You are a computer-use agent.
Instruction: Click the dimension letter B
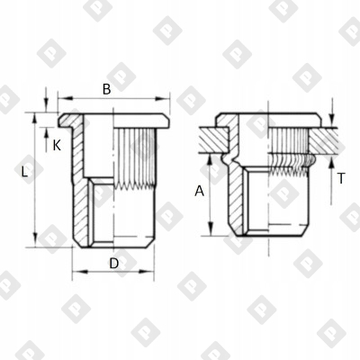[107, 89]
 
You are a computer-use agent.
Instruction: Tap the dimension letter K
[57, 146]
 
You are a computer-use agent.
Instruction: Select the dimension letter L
[25, 171]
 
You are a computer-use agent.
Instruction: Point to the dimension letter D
[114, 264]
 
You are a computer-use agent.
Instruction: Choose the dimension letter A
[199, 191]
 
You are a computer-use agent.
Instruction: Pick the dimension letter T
[341, 178]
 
